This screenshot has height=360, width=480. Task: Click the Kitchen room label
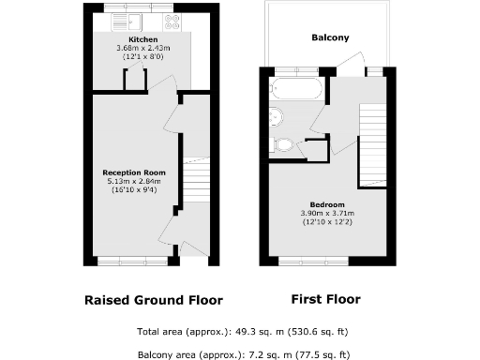tap(130, 40)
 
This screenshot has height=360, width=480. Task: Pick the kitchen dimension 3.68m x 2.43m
tap(130, 49)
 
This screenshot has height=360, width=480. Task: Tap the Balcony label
tap(330, 38)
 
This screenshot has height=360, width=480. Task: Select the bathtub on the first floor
tap(296, 90)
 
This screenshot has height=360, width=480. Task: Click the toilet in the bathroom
tap(283, 145)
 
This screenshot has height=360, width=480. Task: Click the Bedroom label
tap(327, 204)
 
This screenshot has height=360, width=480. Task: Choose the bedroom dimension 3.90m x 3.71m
tap(328, 213)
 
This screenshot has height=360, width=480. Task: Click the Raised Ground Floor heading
tap(154, 301)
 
